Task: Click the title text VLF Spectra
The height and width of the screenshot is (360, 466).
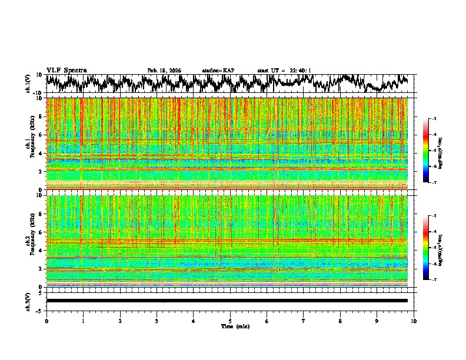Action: click(66, 70)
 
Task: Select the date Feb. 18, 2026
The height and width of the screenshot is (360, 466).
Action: click(164, 71)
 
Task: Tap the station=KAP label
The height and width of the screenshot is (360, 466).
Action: click(218, 71)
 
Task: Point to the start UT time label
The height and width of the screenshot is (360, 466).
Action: click(284, 71)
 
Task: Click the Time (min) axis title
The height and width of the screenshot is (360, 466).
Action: click(230, 326)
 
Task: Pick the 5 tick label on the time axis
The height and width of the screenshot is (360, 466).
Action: click(230, 321)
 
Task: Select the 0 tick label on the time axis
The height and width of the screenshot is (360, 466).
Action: click(46, 321)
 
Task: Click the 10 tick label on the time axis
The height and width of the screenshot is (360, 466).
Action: click(414, 321)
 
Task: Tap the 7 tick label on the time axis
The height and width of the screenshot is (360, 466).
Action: click(304, 321)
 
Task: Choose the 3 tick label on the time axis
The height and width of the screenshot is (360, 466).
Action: click(157, 321)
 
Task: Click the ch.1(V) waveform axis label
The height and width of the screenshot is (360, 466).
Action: click(28, 84)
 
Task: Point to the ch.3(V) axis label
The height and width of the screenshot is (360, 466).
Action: click(28, 300)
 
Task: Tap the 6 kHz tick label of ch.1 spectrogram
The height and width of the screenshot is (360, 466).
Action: click(41, 135)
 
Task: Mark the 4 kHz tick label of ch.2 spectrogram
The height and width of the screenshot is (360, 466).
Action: click(41, 251)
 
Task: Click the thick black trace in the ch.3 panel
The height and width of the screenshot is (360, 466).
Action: click(229, 301)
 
